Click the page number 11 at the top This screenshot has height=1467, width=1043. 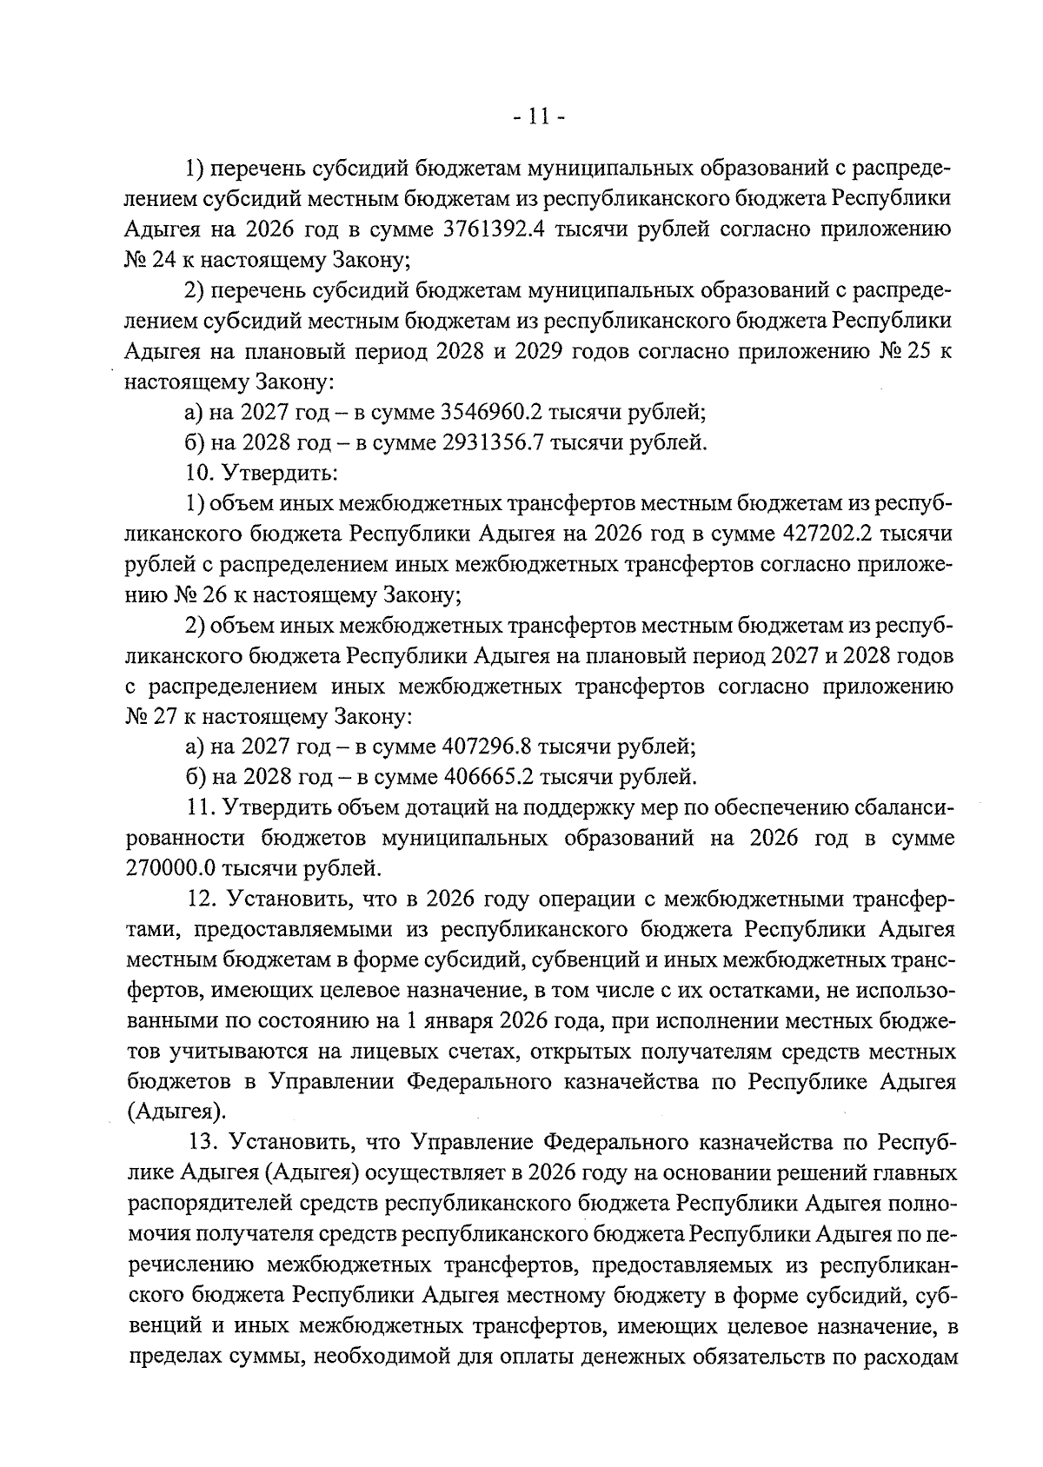coord(540,115)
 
